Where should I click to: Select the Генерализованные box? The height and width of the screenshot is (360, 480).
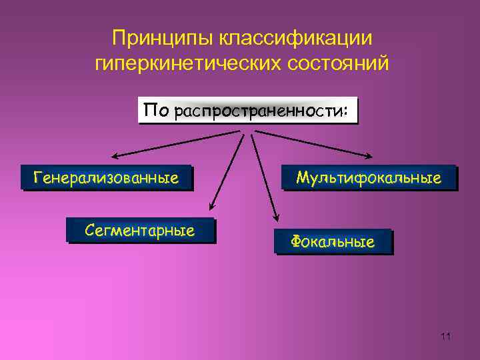(x=106, y=178)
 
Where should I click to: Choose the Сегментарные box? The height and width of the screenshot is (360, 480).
(x=140, y=231)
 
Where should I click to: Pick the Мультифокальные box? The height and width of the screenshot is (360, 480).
(x=369, y=178)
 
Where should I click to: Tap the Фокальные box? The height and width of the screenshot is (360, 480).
(x=333, y=242)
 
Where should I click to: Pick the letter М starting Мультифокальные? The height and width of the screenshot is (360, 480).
(x=302, y=177)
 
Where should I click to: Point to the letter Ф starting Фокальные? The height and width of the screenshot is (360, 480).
(x=297, y=242)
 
